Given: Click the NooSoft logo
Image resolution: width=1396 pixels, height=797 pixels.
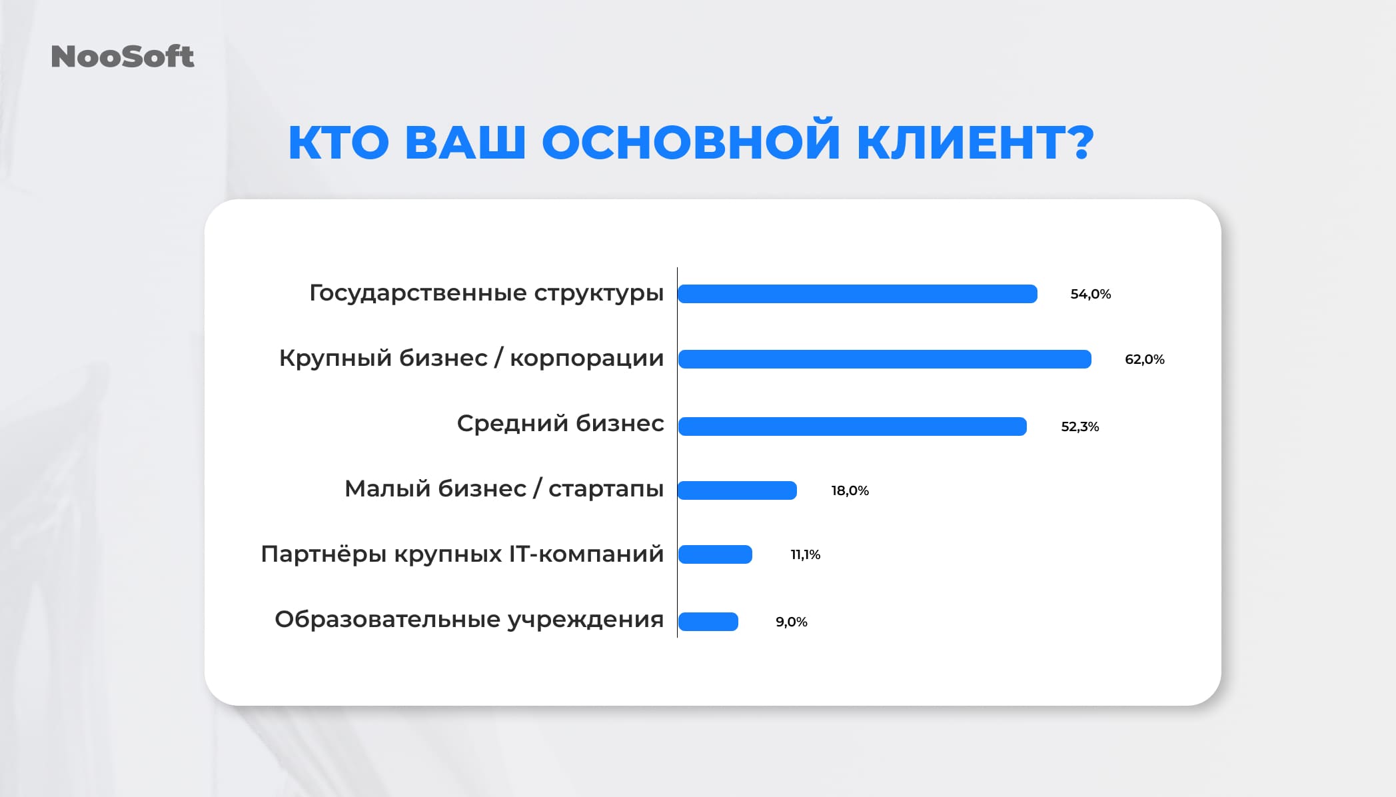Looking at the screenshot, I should tap(123, 57).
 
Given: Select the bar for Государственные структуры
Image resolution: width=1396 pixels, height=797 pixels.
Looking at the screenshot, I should tap(858, 294).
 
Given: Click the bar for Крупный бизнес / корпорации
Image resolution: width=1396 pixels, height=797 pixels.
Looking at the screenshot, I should tap(884, 359).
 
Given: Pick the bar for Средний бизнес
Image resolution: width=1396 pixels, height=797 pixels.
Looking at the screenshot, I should tap(852, 426).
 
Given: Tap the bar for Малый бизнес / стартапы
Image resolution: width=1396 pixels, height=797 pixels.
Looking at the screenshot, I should tap(737, 490).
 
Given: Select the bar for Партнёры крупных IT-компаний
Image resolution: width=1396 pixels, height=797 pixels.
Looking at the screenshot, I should tap(715, 554).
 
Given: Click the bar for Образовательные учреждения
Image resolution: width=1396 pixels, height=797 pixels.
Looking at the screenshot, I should tap(708, 622).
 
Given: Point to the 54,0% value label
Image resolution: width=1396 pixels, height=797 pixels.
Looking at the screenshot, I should tap(1090, 294).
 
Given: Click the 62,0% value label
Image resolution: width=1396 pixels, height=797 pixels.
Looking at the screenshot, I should tap(1144, 359).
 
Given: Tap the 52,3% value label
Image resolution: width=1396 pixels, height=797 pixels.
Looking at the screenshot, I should tap(1079, 426).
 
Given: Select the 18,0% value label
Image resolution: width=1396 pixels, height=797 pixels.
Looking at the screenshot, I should tap(850, 490).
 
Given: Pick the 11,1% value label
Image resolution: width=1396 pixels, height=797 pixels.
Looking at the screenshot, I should tap(805, 554).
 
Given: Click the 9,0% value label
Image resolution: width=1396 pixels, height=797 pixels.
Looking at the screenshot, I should tap(791, 622).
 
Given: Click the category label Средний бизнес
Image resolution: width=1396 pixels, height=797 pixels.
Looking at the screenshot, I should tap(560, 424).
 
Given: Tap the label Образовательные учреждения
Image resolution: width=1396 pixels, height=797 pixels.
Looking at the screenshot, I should tap(468, 620).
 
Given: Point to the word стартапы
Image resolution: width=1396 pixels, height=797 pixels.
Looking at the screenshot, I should tap(606, 489).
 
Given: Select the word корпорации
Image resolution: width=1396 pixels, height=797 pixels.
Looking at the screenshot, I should tap(586, 359).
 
